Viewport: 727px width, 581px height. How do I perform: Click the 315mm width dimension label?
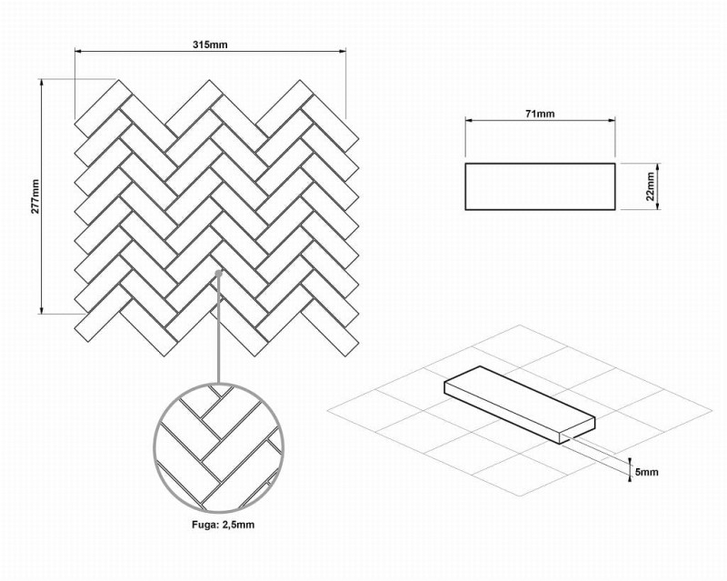[210, 45]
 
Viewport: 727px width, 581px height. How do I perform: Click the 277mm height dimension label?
[35, 196]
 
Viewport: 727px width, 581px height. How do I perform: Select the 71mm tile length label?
[540, 114]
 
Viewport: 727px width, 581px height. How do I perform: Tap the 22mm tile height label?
[650, 186]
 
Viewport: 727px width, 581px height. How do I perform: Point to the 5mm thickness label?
[646, 472]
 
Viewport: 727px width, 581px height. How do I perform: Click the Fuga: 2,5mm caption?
[223, 525]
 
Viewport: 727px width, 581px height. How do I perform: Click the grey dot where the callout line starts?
[219, 274]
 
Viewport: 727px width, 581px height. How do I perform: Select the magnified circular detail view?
[218, 449]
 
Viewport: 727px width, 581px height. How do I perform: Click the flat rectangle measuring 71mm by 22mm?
[540, 186]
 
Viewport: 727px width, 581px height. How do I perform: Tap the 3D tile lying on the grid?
[519, 405]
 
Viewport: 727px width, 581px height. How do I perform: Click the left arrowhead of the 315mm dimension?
[78, 51]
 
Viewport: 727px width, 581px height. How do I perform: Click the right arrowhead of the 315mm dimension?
[343, 51]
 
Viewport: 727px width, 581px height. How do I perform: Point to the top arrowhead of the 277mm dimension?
[42, 83]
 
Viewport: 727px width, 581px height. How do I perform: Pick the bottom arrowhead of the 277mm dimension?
[42, 310]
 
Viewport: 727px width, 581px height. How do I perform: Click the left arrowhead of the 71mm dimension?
[469, 120]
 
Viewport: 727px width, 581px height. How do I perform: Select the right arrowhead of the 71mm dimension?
[611, 120]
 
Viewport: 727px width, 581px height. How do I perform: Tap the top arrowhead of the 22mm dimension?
[657, 167]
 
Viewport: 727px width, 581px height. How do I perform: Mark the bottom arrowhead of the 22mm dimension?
[657, 206]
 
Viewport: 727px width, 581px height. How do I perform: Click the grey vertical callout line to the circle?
[218, 330]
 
